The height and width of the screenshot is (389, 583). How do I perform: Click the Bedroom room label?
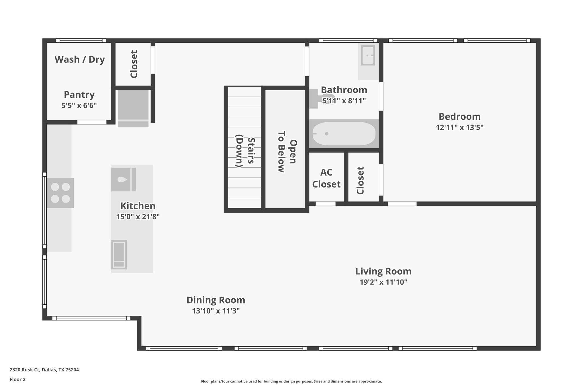(459, 117)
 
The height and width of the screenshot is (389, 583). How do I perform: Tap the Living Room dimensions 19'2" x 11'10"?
(383, 282)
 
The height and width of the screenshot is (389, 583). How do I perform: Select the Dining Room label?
(215, 300)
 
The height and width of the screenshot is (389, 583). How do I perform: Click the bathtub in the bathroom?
(344, 134)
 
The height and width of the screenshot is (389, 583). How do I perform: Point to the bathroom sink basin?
(368, 56)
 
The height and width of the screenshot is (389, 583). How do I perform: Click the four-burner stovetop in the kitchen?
(60, 193)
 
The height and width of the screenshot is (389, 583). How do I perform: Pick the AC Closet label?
(326, 178)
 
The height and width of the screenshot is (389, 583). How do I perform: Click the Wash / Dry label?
(80, 59)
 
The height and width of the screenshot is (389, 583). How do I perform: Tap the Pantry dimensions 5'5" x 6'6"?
(79, 106)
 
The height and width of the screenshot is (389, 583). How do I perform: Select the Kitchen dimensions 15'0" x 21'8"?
(138, 217)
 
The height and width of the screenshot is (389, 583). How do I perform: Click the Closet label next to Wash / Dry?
(134, 64)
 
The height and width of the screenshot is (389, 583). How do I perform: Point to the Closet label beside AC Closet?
(360, 180)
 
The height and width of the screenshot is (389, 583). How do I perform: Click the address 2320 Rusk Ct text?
(44, 370)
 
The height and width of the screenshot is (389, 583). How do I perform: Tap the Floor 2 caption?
(18, 379)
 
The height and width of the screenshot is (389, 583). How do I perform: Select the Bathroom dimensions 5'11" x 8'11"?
(344, 101)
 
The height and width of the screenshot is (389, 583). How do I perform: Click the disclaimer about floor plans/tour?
(291, 381)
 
